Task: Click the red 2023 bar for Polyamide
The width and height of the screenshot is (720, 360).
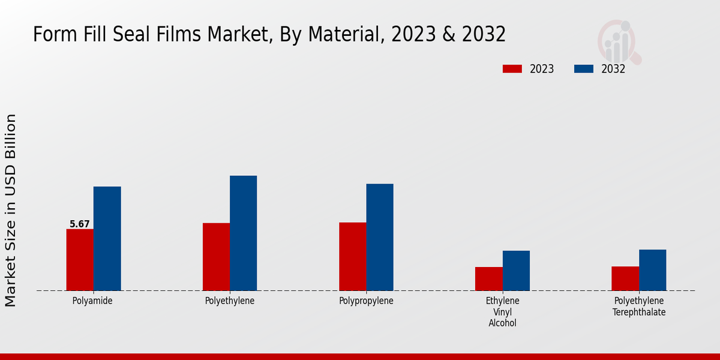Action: (x=80, y=260)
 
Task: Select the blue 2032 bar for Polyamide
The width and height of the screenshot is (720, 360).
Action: (x=107, y=239)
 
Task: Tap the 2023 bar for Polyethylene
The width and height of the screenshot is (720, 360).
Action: (x=216, y=257)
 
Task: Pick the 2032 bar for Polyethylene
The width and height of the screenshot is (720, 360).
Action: (x=243, y=233)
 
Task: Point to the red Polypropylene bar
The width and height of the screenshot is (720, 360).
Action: (x=352, y=257)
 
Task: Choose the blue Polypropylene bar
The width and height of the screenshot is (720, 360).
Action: (x=380, y=237)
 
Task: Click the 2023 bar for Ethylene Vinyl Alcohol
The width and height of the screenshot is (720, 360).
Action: (x=488, y=279)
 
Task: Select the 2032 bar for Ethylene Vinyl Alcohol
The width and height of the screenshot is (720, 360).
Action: (x=516, y=271)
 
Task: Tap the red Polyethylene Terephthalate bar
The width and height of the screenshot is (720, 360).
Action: (x=625, y=278)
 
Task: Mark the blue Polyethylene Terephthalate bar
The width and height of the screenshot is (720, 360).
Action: (x=652, y=270)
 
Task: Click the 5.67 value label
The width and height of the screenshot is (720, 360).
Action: (x=80, y=224)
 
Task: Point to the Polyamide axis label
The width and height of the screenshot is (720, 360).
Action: (x=92, y=301)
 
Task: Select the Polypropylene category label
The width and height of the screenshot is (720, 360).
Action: (x=366, y=301)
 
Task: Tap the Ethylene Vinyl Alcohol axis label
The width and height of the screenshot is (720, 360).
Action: (x=503, y=312)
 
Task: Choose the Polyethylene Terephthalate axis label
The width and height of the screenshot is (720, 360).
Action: (x=639, y=307)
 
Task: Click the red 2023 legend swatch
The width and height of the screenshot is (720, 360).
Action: (x=512, y=69)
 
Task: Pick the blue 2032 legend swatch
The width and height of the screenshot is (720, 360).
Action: (x=583, y=69)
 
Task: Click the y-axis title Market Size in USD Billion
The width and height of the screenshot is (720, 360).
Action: (x=11, y=210)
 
